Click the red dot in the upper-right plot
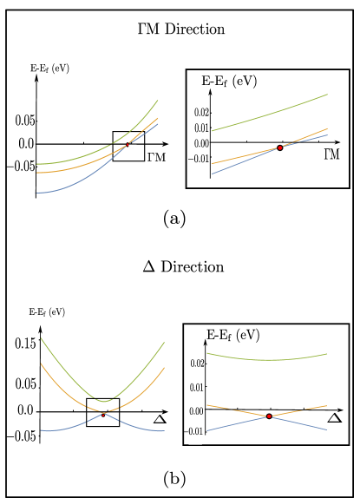280,147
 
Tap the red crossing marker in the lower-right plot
269,416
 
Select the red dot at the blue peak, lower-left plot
104,414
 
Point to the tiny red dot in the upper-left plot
127,144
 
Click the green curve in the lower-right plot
269,359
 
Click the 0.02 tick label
196,364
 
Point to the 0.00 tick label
196,411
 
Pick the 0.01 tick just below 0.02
196,387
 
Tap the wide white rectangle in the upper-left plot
82,148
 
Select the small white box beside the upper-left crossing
133,148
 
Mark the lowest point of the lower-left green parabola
104,402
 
